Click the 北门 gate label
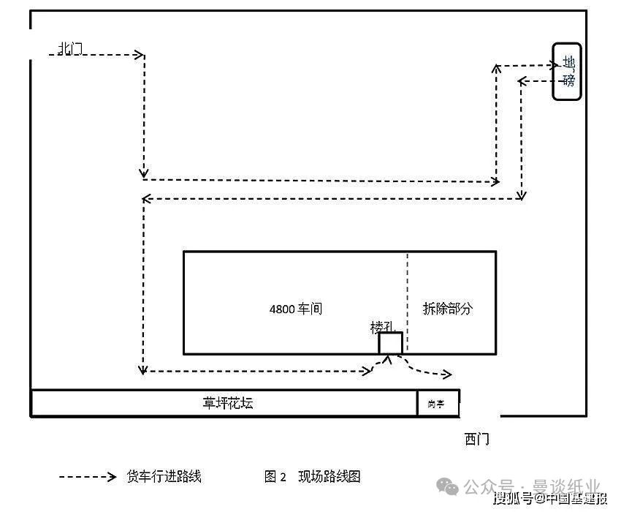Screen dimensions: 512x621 70,48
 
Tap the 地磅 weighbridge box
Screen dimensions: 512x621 567,71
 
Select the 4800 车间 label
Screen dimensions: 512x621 295,309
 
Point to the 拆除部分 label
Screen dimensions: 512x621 447,309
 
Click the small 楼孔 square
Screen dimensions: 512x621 390,343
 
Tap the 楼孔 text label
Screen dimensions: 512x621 381,326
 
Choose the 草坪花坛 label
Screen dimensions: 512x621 228,403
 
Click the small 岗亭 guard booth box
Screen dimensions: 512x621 438,403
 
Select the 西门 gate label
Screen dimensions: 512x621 476,439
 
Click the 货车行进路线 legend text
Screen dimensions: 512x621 164,477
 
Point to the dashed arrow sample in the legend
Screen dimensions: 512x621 88,477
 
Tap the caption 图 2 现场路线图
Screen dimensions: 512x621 313,477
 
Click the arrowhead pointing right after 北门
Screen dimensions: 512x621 139,54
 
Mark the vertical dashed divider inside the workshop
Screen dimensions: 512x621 407,302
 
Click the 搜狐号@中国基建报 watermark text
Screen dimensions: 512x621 549,500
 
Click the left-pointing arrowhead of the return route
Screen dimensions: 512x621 146,198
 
